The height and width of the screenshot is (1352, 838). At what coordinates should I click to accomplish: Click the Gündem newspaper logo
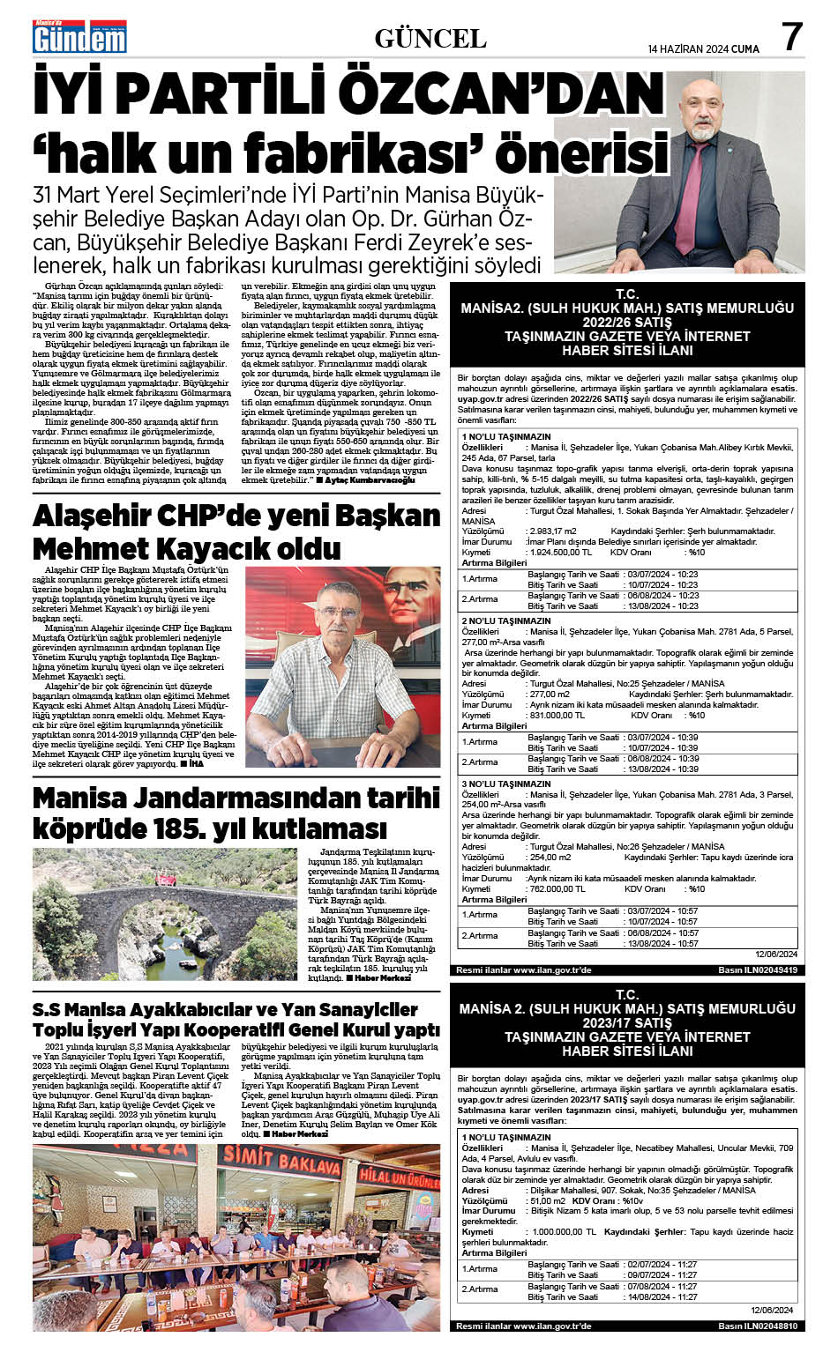click(x=79, y=38)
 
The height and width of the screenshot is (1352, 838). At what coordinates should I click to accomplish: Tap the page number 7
click(x=792, y=37)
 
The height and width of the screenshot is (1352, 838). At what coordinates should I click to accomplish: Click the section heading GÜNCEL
click(x=430, y=38)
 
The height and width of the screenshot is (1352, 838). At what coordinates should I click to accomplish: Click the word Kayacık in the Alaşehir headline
click(x=184, y=549)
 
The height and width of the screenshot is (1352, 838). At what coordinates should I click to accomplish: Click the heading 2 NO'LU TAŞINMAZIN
click(x=505, y=620)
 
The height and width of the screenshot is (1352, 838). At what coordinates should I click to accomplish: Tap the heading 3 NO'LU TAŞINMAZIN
click(x=505, y=784)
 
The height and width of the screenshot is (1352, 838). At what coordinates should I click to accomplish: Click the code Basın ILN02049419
click(x=757, y=969)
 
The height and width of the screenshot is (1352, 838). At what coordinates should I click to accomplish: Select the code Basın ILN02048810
click(x=757, y=1326)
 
